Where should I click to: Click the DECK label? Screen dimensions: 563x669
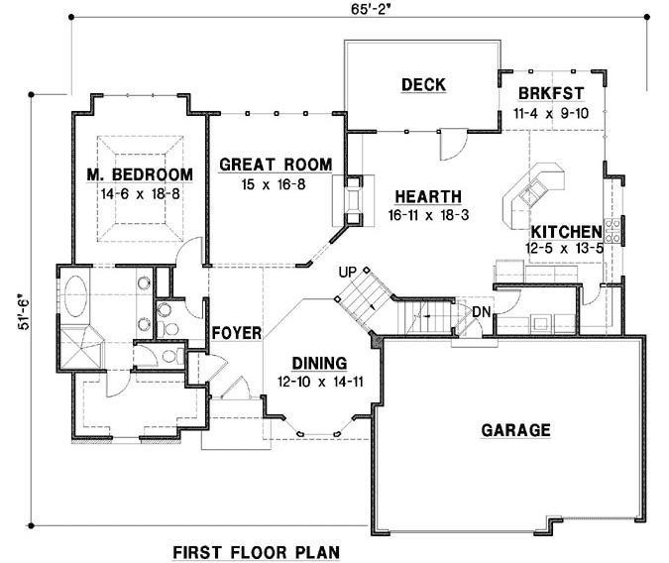tap(423, 85)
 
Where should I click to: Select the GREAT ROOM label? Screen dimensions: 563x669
tap(276, 165)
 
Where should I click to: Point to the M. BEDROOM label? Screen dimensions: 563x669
tap(140, 175)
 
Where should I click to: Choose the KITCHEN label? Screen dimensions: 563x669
tap(566, 230)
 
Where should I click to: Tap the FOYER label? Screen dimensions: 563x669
tap(236, 333)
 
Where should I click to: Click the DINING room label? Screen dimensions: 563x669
tap(319, 363)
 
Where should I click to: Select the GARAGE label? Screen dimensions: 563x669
tap(515, 430)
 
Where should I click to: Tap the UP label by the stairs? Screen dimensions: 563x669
tap(347, 271)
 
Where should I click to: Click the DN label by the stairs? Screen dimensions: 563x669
tap(481, 312)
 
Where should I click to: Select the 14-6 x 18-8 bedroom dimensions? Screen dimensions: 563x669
tap(140, 193)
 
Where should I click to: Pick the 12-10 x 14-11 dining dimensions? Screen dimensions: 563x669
tap(319, 380)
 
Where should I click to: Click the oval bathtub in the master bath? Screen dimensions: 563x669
tap(76, 297)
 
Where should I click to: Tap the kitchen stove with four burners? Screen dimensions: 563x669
tap(613, 231)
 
